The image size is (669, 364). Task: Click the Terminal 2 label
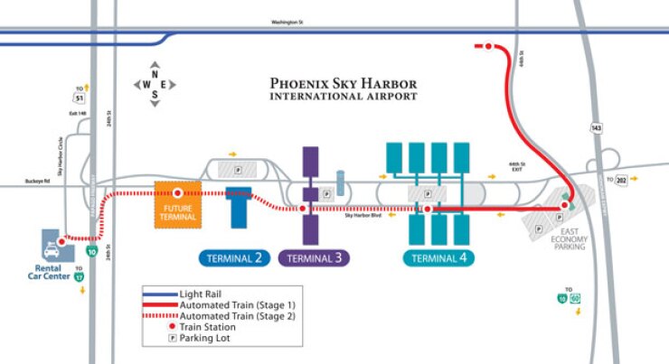pyautogui.click(x=235, y=258)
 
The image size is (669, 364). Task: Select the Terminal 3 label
pyautogui.click(x=315, y=258)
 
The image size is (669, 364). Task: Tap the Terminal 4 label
pyautogui.click(x=438, y=258)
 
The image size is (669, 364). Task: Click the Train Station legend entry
pyautogui.click(x=212, y=328)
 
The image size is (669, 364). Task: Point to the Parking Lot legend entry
pyautogui.click(x=209, y=339)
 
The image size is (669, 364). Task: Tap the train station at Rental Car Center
pyautogui.click(x=61, y=241)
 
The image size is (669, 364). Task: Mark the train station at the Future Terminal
pyautogui.click(x=177, y=193)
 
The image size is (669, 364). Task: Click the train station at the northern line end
pyautogui.click(x=488, y=45)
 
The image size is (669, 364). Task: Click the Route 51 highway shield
pyautogui.click(x=80, y=97)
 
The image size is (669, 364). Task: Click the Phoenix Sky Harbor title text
pyautogui.click(x=344, y=88)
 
